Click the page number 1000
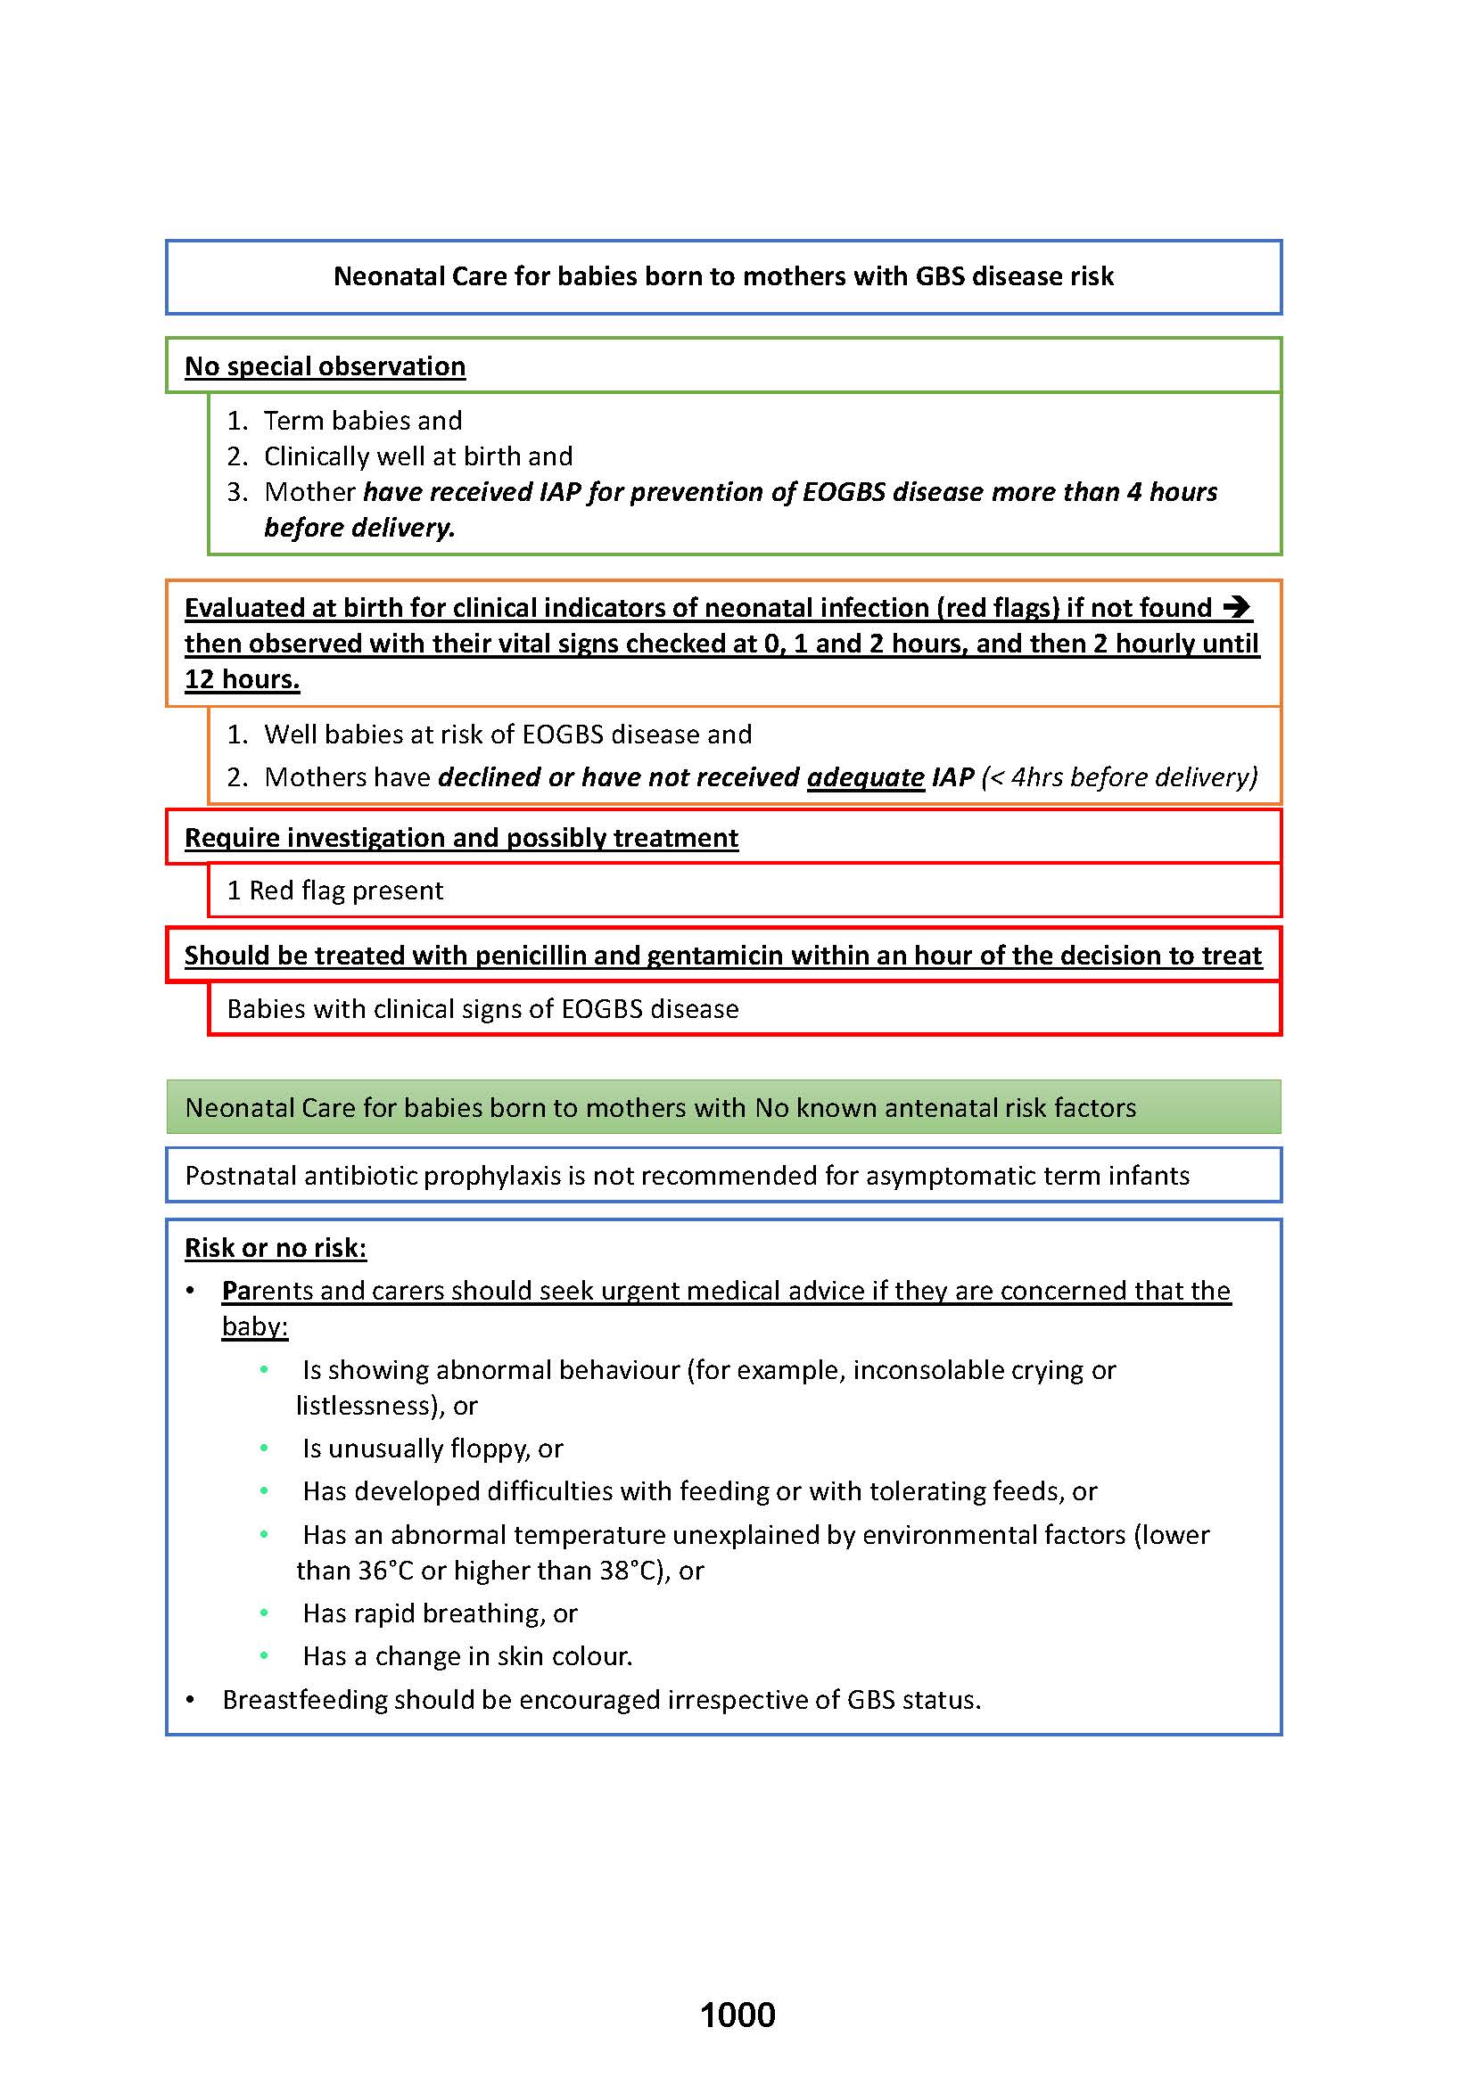[x=737, y=2015]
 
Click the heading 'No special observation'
[x=325, y=366]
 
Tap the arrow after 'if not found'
[x=1237, y=607]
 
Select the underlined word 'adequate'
[x=865, y=777]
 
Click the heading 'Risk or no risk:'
[x=276, y=1248]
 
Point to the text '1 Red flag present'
[x=334, y=890]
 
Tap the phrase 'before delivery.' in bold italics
[x=358, y=528]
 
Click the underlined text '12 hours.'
[x=242, y=679]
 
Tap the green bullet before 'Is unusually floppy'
[x=264, y=1448]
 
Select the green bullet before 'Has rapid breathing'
[x=264, y=1613]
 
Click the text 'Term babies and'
[x=362, y=421]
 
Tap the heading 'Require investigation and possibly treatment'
[x=460, y=837]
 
